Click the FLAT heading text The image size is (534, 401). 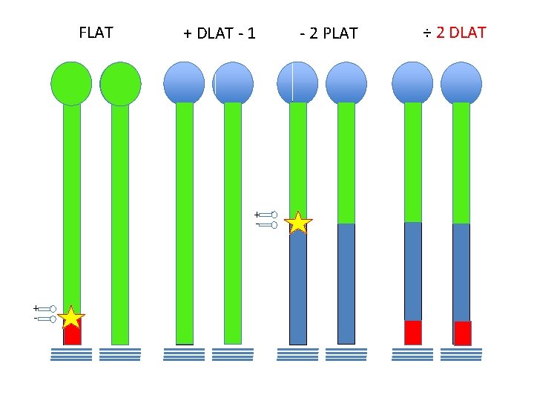pyautogui.click(x=96, y=33)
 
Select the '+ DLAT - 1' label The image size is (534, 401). pyautogui.click(x=220, y=33)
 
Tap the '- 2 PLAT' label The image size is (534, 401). pyautogui.click(x=329, y=33)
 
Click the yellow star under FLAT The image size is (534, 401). pyautogui.click(x=71, y=318)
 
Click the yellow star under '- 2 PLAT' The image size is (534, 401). pyautogui.click(x=298, y=223)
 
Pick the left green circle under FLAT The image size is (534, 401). pyautogui.click(x=71, y=83)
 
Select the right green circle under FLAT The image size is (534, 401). pyautogui.click(x=120, y=83)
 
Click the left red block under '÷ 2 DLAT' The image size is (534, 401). pyautogui.click(x=413, y=333)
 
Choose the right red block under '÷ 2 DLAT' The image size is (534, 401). pyautogui.click(x=462, y=333)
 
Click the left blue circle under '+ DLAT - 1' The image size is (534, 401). pyautogui.click(x=183, y=82)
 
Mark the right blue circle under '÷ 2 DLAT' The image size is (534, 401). pyautogui.click(x=461, y=82)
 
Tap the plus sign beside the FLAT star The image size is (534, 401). pyautogui.click(x=34, y=307)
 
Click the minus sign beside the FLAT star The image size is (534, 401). pyautogui.click(x=35, y=319)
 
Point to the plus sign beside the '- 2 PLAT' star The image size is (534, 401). pyautogui.click(x=257, y=214)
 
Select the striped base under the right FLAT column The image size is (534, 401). pyautogui.click(x=120, y=354)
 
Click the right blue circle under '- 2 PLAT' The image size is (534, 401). pyautogui.click(x=346, y=82)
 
